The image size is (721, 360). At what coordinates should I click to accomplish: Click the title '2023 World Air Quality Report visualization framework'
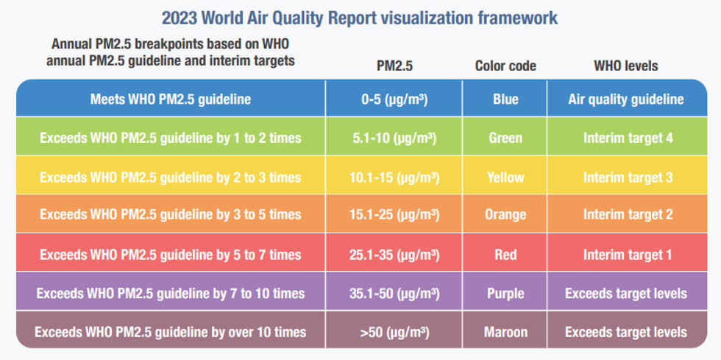click(360, 17)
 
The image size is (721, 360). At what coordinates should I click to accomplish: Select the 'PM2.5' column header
click(394, 66)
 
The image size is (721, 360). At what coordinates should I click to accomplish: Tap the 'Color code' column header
click(505, 66)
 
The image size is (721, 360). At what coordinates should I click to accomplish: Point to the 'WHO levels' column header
click(625, 66)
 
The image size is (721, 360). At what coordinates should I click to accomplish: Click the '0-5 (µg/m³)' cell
click(394, 99)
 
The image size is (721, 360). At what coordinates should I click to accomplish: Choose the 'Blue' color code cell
click(505, 99)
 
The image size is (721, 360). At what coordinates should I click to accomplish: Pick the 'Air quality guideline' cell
click(625, 99)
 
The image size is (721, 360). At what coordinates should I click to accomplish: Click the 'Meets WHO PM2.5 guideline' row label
click(170, 99)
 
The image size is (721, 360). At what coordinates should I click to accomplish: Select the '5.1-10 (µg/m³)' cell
click(394, 138)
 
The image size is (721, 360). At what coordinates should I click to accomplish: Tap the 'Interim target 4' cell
click(625, 138)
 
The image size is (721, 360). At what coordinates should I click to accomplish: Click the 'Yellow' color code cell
click(505, 177)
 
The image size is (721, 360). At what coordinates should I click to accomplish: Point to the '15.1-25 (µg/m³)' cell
click(394, 215)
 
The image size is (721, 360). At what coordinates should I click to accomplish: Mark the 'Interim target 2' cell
click(625, 215)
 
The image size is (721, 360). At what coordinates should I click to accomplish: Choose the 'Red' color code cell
click(505, 255)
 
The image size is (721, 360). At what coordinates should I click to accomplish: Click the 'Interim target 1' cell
click(625, 255)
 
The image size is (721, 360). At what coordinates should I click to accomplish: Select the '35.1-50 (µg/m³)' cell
click(394, 294)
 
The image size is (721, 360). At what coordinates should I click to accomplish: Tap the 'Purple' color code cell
click(505, 294)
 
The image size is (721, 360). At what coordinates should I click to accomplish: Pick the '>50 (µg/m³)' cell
click(394, 332)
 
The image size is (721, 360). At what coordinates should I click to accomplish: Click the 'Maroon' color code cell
click(505, 332)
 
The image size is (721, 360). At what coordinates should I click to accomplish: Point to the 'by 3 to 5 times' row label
click(170, 215)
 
